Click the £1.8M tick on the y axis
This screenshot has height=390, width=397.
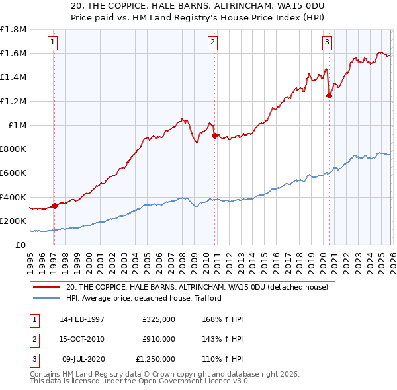click(13, 30)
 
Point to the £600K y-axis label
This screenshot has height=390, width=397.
click(13, 173)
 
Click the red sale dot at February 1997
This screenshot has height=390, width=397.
click(54, 206)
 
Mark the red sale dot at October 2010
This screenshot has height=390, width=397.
click(214, 136)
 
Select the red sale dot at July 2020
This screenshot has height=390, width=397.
click(329, 95)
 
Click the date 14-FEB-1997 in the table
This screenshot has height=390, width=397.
click(82, 319)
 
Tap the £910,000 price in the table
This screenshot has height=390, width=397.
click(159, 339)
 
